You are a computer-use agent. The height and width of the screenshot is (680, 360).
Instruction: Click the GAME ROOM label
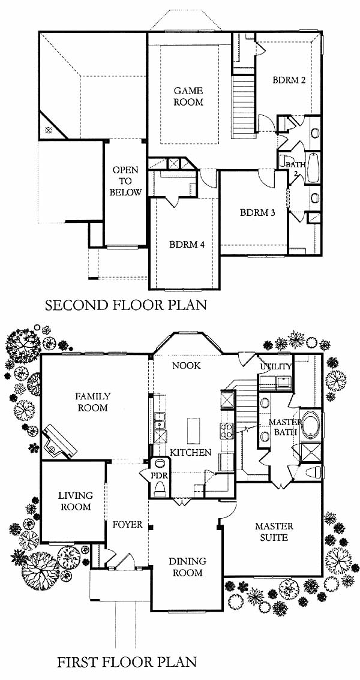188,97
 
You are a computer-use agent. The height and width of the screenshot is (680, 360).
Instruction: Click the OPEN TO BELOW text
125,181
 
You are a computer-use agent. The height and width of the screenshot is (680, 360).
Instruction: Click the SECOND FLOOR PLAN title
126,305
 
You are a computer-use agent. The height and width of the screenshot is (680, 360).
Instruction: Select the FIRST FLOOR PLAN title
127,662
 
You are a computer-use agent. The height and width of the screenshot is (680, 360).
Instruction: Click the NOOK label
187,366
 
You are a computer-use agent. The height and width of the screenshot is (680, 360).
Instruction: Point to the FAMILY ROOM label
92,402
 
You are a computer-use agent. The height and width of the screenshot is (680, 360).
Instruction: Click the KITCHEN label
191,452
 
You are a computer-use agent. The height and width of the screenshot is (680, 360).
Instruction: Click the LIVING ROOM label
76,501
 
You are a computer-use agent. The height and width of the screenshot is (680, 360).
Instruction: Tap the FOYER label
128,525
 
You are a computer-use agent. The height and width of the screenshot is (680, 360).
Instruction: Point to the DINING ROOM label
188,567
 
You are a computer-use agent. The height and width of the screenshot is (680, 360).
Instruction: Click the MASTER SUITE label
274,532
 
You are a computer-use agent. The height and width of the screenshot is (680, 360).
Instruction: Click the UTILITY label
276,366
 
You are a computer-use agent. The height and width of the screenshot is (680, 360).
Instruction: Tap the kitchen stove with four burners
226,430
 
